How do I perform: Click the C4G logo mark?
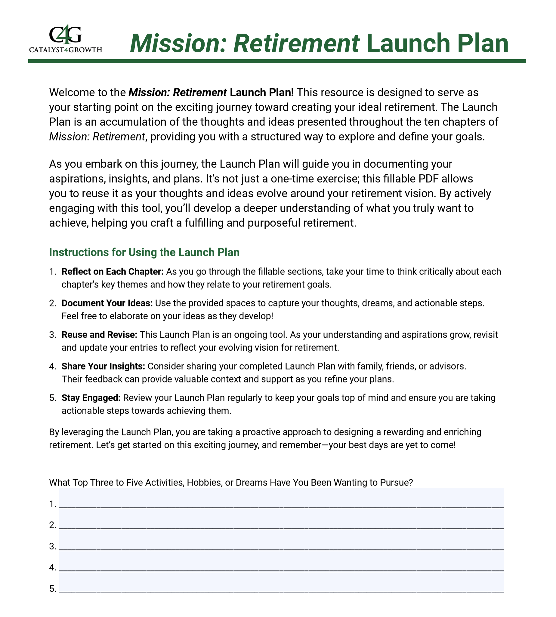pyautogui.click(x=65, y=35)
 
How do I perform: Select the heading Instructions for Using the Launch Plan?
pyautogui.click(x=144, y=253)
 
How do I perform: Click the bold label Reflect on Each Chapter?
pyautogui.click(x=113, y=272)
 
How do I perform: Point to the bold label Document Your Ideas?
pyautogui.click(x=107, y=303)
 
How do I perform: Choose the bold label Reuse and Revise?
pyautogui.click(x=99, y=335)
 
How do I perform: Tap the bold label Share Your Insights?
pyautogui.click(x=103, y=366)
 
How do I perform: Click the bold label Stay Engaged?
pyautogui.click(x=91, y=398)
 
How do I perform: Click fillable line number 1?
pyautogui.click(x=281, y=499)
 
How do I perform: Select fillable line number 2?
pyautogui.click(x=281, y=520)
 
